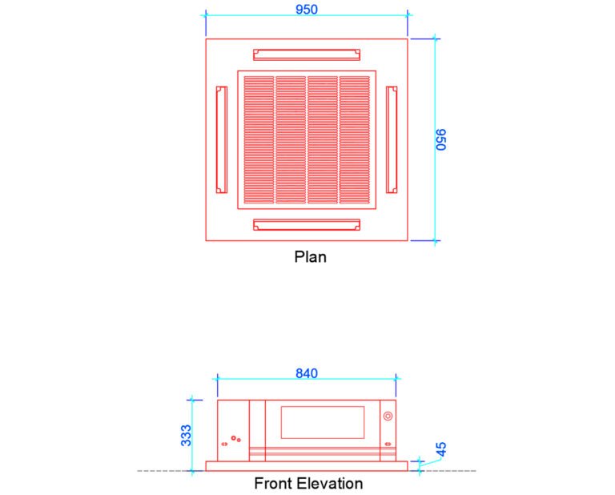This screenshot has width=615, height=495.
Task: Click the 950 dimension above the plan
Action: pyautogui.click(x=307, y=10)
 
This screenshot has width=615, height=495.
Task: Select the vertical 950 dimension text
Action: pyautogui.click(x=440, y=139)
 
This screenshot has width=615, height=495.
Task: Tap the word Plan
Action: pyautogui.click(x=310, y=257)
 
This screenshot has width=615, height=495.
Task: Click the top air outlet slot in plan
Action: pyautogui.click(x=306, y=54)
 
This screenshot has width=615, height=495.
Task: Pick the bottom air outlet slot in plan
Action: pyautogui.click(x=306, y=225)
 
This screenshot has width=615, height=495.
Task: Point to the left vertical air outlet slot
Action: pyautogui.click(x=221, y=139)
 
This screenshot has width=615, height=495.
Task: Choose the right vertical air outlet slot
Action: pyautogui.click(x=392, y=139)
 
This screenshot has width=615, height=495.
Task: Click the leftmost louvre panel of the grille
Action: pyautogui.click(x=259, y=139)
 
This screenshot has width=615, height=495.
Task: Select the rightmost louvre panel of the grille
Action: pyautogui.click(x=354, y=139)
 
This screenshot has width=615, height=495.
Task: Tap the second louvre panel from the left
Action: pyautogui.click(x=291, y=139)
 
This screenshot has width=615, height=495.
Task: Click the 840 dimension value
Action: pyautogui.click(x=307, y=373)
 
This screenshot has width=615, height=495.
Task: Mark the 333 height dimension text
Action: pyautogui.click(x=186, y=435)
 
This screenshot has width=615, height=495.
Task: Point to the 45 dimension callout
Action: pyautogui.click(x=440, y=449)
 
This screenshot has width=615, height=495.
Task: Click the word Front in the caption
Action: pyautogui.click(x=271, y=484)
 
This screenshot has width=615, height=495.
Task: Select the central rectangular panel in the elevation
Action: pyautogui.click(x=322, y=422)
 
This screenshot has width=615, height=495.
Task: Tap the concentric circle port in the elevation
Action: pyautogui.click(x=388, y=417)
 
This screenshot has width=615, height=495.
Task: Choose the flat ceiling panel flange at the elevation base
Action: pyautogui.click(x=307, y=465)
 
